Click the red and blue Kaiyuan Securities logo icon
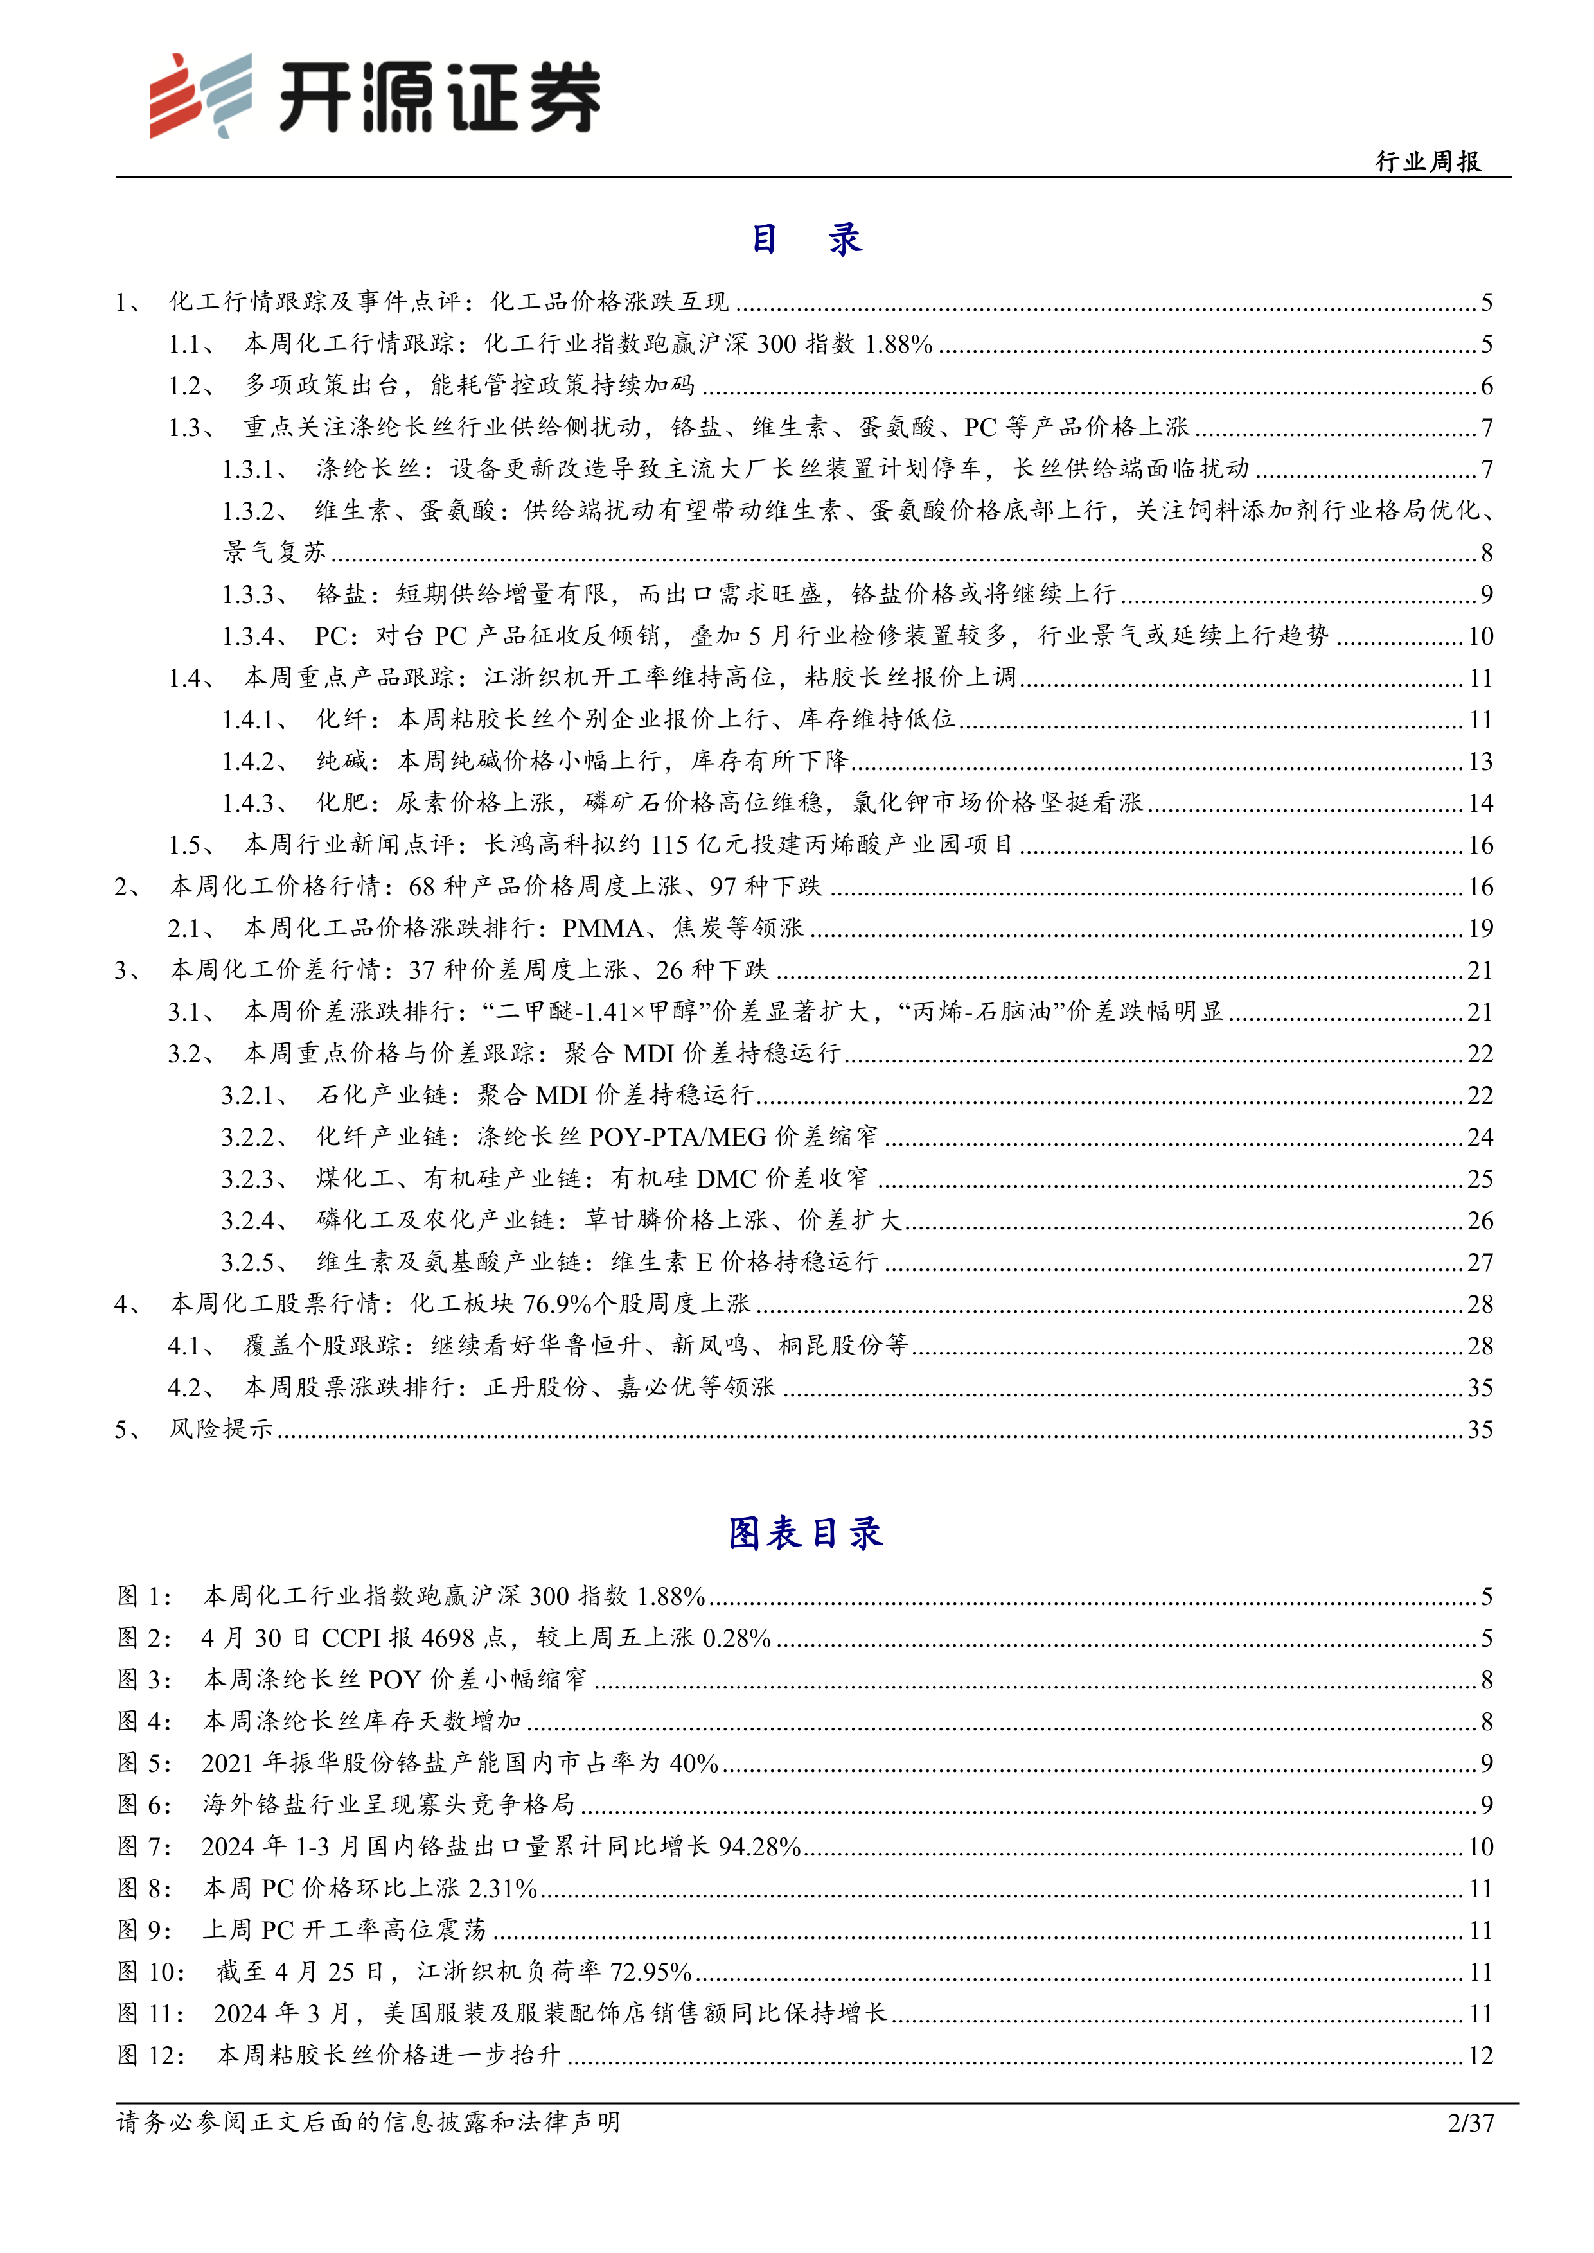[x=200, y=95]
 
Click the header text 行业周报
[x=1428, y=162]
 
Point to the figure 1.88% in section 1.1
[x=898, y=344]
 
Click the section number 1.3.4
[x=249, y=636]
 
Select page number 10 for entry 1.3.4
[x=1480, y=636]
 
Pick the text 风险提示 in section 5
[x=221, y=1429]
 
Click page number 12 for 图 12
[x=1480, y=2055]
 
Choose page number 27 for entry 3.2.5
[x=1480, y=1262]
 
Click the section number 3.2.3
[x=249, y=1179]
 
